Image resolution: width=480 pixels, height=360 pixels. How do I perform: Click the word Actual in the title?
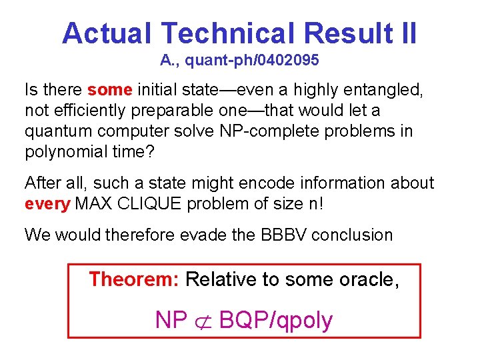(107, 33)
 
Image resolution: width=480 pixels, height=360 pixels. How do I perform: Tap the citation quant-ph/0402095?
(251, 61)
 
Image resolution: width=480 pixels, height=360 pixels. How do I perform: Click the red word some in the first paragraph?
(110, 89)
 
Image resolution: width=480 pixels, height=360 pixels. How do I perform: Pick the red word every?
(47, 203)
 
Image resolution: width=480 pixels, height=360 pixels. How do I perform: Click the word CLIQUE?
(148, 203)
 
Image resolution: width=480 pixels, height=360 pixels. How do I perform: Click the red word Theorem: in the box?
(134, 279)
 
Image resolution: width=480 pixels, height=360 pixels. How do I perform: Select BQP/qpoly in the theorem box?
(275, 321)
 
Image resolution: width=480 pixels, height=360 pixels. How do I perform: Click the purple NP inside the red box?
(171, 321)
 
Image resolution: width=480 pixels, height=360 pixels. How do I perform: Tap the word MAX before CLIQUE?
(94, 203)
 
